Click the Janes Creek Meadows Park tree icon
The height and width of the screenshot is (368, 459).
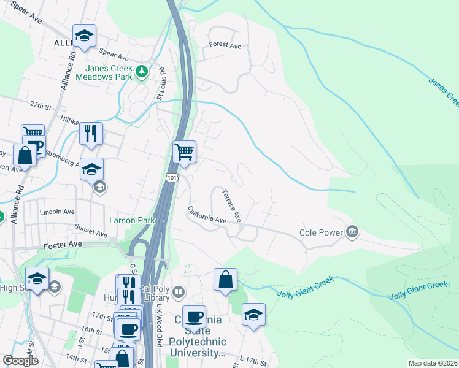click(x=142, y=72)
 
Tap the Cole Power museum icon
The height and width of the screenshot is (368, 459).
click(x=353, y=231)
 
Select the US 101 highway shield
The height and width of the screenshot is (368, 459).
click(x=172, y=177)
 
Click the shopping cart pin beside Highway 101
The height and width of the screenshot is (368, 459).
click(x=185, y=151)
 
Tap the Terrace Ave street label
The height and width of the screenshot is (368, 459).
click(x=233, y=205)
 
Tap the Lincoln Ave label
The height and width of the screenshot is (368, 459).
click(x=57, y=212)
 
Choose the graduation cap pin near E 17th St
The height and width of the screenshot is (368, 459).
click(x=253, y=314)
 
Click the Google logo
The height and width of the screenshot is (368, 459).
click(x=20, y=361)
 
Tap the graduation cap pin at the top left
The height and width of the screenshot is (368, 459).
click(x=84, y=36)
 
